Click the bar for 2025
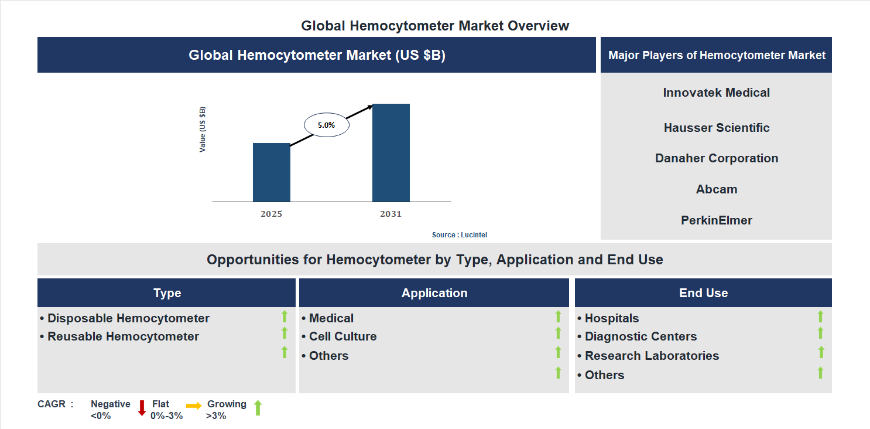pyautogui.click(x=271, y=172)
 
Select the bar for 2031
pyautogui.click(x=391, y=153)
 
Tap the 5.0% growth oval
pyautogui.click(x=326, y=125)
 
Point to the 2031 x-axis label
pyautogui.click(x=391, y=214)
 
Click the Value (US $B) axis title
pyautogui.click(x=203, y=130)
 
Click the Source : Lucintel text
pyautogui.click(x=459, y=235)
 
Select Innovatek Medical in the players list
pyautogui.click(x=716, y=93)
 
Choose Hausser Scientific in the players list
pyautogui.click(x=716, y=128)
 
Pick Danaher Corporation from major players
pyautogui.click(x=716, y=158)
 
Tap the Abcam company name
pyautogui.click(x=716, y=189)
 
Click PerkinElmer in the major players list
pyautogui.click(x=716, y=220)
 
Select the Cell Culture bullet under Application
pyautogui.click(x=339, y=336)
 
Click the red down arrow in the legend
pyautogui.click(x=142, y=408)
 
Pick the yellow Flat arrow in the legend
pyautogui.click(x=194, y=406)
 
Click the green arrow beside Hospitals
pyautogui.click(x=820, y=316)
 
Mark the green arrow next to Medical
pyautogui.click(x=558, y=316)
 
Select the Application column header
pyautogui.click(x=434, y=293)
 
